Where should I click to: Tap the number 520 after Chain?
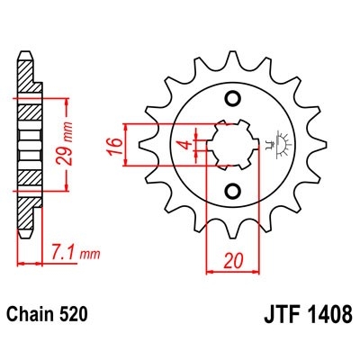(x=76, y=316)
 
